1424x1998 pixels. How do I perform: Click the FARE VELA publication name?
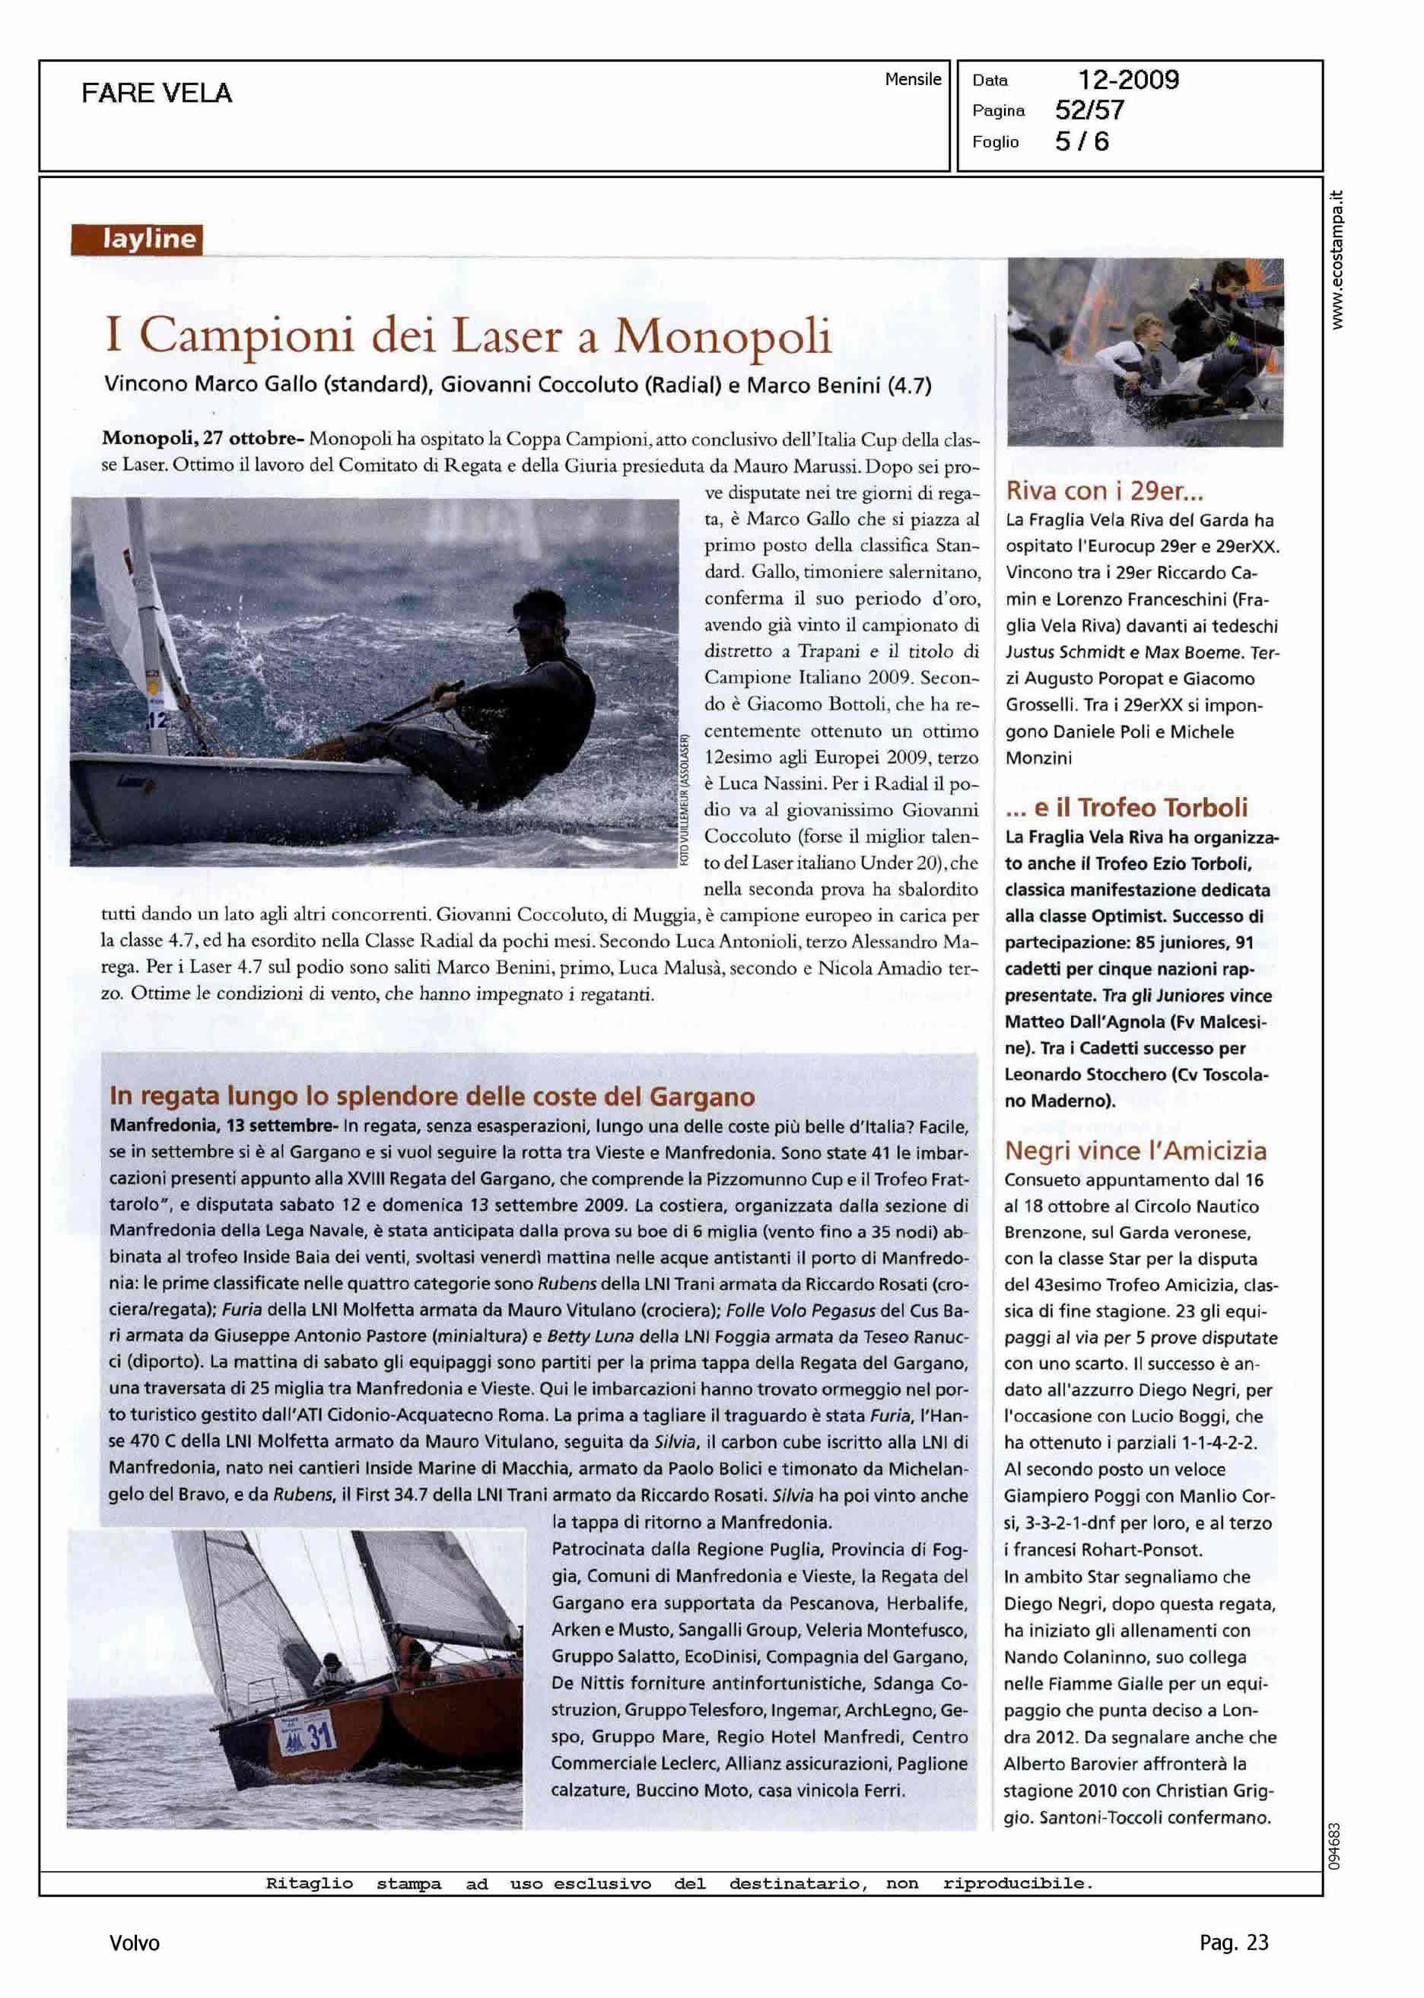tap(156, 93)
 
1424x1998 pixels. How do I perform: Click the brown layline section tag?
tap(137, 240)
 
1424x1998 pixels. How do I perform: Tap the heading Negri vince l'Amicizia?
tap(1135, 1150)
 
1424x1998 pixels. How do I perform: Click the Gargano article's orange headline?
tap(431, 1096)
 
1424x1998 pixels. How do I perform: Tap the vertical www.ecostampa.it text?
tap(1337, 259)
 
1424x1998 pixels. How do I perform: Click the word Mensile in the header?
tap(912, 80)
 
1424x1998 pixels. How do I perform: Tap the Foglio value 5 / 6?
tap(1081, 142)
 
